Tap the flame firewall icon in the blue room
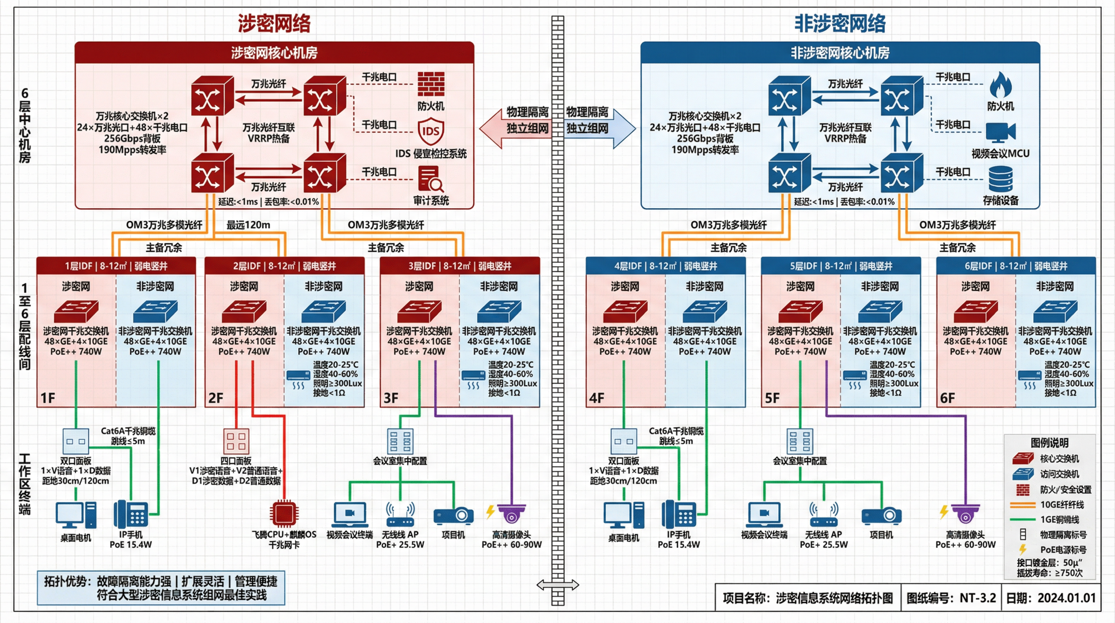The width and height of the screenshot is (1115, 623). (x=1000, y=85)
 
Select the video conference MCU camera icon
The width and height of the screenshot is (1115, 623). (x=1000, y=132)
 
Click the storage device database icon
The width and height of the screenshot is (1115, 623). (x=1000, y=179)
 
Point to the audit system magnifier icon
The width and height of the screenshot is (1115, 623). (x=431, y=178)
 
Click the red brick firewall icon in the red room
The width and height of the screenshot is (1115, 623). (x=431, y=84)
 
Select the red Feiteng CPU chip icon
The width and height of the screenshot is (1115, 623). (x=284, y=514)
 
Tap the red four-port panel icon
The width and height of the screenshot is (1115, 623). (x=236, y=441)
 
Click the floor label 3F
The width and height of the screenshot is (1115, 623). (x=391, y=398)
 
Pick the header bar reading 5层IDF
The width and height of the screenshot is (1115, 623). (x=841, y=266)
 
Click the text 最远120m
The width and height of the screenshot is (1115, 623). (x=248, y=225)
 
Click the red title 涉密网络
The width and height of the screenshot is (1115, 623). (x=274, y=24)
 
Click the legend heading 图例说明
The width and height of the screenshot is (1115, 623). (x=1049, y=443)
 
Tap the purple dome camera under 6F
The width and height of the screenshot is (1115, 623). (x=965, y=514)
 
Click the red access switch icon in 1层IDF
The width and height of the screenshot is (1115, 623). (x=76, y=311)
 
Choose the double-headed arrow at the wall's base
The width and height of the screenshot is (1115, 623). (x=557, y=585)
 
